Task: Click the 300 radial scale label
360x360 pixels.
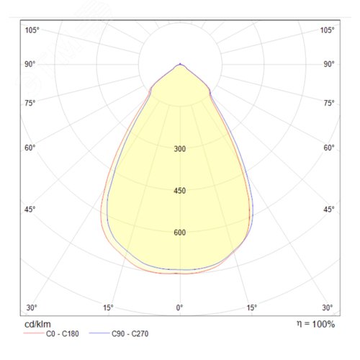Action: point(180,149)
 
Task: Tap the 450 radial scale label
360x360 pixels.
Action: point(180,191)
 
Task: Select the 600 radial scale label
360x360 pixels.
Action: point(180,233)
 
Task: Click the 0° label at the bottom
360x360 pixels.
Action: point(179,307)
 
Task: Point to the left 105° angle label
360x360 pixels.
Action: point(32,30)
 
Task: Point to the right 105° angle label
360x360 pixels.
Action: point(328,30)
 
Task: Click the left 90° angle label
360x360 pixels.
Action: point(30,64)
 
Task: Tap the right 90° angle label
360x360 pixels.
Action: point(329,64)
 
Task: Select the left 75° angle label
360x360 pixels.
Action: point(30,103)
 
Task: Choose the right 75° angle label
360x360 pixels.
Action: point(329,103)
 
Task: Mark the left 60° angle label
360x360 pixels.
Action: point(30,148)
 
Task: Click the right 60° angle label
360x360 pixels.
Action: point(329,148)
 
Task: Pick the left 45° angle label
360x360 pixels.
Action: point(30,210)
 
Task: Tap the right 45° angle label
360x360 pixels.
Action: point(329,210)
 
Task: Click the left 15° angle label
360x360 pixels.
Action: point(108,307)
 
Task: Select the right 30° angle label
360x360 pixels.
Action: point(328,307)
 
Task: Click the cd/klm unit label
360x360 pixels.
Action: point(37,324)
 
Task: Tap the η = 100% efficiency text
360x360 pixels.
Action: point(316,324)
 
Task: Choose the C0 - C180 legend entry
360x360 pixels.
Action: point(51,333)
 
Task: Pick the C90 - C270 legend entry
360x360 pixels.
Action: point(119,333)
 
